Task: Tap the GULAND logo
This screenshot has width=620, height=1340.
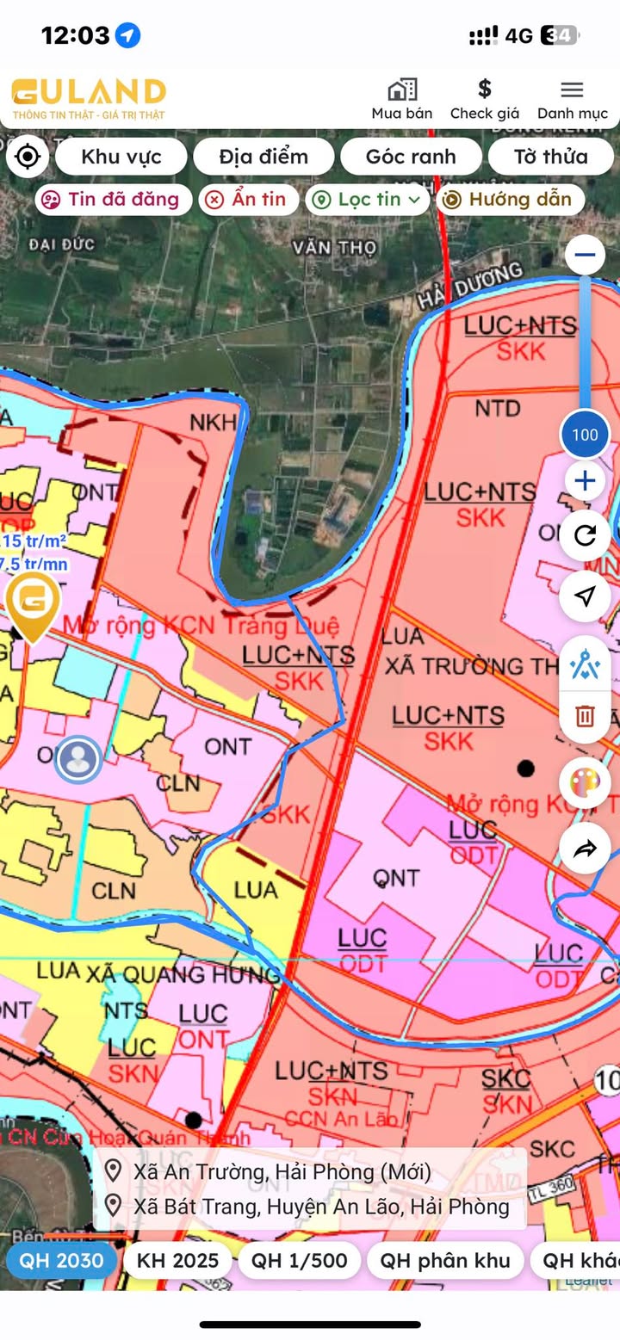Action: coord(88,98)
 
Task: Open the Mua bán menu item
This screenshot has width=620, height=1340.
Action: coord(401,99)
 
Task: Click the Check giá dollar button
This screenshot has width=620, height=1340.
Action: coord(484,99)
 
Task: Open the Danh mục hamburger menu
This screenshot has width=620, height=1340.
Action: coord(572,99)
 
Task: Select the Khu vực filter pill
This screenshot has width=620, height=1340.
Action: coord(121,157)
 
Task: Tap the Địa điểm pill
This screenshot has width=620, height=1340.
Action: coord(263,157)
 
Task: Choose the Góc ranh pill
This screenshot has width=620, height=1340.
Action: coord(411,157)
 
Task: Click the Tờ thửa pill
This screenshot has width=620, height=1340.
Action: coord(550,157)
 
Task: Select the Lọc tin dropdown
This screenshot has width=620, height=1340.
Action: coord(368,200)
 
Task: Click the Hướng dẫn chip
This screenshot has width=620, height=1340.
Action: coord(510,200)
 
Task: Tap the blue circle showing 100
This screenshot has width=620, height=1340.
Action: coord(585,435)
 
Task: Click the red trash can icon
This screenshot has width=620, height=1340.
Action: coord(585,715)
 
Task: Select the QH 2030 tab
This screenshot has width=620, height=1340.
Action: coord(62,1261)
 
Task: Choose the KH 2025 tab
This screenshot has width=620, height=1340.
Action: coord(177,1261)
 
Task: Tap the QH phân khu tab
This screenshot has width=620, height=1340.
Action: coord(444,1261)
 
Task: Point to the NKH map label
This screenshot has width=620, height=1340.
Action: coord(212,423)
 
